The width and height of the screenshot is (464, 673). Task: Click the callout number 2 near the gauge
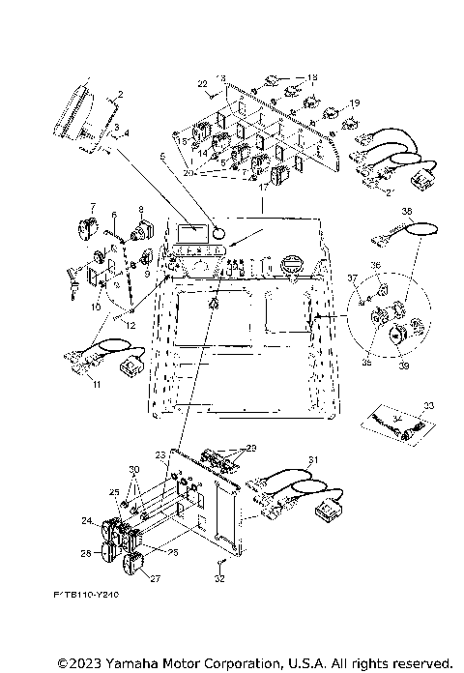119,96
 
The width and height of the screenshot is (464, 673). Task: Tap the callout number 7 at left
93,207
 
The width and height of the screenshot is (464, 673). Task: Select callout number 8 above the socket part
141,209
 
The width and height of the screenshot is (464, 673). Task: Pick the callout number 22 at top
204,84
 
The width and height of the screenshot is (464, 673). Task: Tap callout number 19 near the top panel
355,102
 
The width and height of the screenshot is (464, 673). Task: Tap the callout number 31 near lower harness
312,459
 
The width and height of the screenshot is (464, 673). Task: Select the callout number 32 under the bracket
218,579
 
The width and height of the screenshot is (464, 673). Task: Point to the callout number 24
86,520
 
